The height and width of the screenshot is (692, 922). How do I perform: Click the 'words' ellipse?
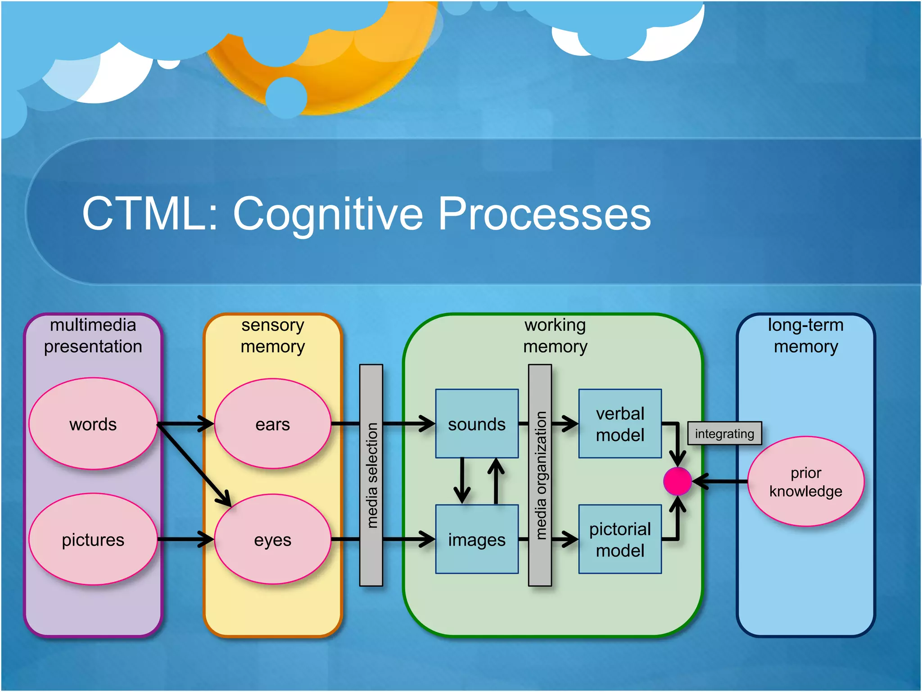(93, 424)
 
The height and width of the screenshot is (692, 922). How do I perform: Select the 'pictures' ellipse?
(93, 539)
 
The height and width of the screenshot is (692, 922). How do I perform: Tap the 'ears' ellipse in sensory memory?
(272, 424)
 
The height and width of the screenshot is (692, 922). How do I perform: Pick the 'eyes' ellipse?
(272, 539)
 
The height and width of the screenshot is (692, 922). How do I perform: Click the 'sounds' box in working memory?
(477, 424)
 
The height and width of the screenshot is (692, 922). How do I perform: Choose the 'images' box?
(477, 539)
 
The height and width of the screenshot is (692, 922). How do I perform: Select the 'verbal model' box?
(620, 424)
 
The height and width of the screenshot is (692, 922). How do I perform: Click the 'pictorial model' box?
(620, 539)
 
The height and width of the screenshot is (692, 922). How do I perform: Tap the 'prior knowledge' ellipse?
(805, 481)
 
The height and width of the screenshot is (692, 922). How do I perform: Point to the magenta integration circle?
(677, 481)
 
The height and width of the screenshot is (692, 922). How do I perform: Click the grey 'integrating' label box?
(724, 433)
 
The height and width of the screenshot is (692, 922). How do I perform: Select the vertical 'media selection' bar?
(371, 475)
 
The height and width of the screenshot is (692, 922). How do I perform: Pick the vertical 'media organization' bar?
(540, 475)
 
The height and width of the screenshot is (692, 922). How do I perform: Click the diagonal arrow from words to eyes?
(194, 464)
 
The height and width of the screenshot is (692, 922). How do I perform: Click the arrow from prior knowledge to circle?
(720, 481)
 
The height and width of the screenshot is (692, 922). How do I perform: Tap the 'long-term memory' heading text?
(805, 336)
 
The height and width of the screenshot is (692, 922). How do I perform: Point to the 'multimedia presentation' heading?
(93, 336)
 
